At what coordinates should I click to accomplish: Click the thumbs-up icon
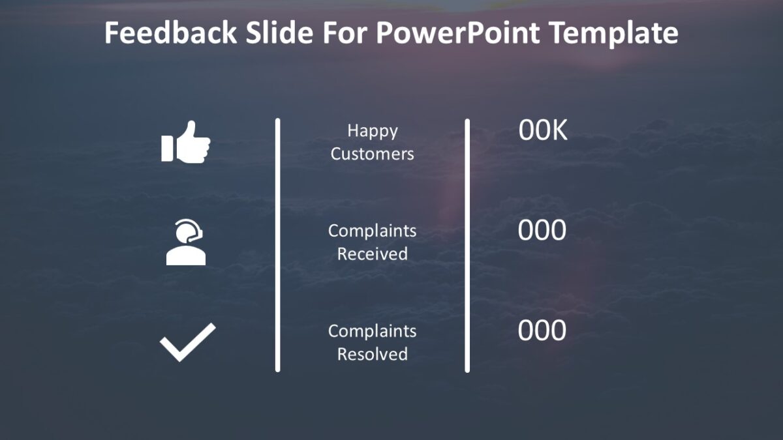click(186, 141)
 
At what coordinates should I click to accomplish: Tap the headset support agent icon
click(186, 242)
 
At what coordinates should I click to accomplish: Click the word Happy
click(372, 131)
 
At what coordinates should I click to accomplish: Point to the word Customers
click(372, 154)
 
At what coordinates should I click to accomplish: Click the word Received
click(372, 254)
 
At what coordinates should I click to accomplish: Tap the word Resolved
click(372, 354)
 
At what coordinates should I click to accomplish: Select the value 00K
click(543, 131)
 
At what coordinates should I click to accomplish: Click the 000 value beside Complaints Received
click(542, 231)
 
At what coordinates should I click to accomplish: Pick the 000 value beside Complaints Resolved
click(542, 331)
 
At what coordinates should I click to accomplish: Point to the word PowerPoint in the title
click(457, 33)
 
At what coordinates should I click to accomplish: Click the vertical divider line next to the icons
click(277, 245)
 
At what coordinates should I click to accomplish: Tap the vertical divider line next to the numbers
click(467, 245)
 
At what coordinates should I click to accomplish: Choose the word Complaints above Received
click(372, 231)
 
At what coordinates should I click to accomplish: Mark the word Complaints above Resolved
click(372, 331)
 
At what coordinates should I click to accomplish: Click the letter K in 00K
click(559, 131)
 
